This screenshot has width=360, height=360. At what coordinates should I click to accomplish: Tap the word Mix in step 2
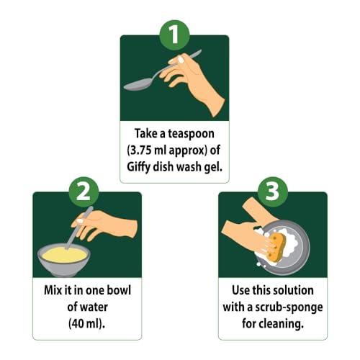pyautogui.click(x=48, y=290)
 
